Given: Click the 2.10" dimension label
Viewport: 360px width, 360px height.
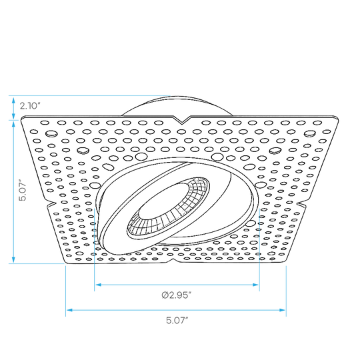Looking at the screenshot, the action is pos(30,106).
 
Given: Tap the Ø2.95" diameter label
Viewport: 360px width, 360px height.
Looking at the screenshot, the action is pos(176,295).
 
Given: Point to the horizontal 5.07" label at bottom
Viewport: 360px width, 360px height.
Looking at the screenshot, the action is pos(177,320).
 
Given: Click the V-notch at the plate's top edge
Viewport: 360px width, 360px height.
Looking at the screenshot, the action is pos(182,120).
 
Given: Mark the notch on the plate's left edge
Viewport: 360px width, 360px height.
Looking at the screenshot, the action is pos(51,204).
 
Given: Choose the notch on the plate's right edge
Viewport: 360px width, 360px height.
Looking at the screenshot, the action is pos(301,203).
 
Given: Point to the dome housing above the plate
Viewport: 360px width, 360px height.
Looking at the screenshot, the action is pos(177,105).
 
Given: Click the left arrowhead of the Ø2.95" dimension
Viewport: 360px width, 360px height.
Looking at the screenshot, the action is pos(98,285).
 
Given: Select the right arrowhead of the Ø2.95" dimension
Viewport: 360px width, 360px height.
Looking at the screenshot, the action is pos(255,285).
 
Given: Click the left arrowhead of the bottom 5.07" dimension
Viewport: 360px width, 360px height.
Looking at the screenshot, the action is pos(69,310).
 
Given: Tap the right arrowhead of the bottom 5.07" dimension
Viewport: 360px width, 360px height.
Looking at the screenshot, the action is pos(282,310).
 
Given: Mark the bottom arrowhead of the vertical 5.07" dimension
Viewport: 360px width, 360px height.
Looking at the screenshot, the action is pos(13,260).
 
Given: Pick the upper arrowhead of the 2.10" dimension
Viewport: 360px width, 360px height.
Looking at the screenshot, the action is pos(13,101).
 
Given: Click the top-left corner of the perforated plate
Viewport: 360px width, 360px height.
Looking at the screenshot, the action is pos(22,118).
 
